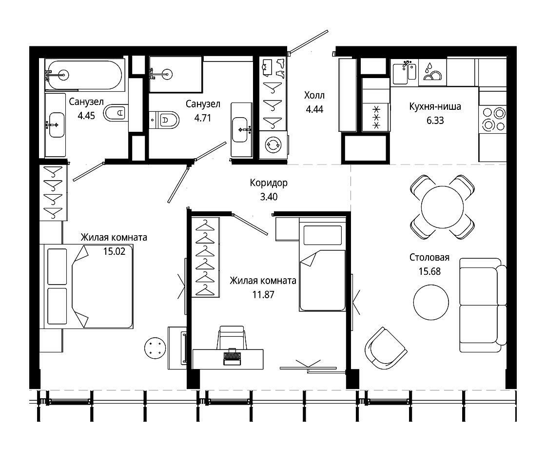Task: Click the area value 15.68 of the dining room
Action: (x=429, y=271)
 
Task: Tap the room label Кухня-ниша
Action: (x=435, y=106)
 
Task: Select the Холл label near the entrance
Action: (x=314, y=95)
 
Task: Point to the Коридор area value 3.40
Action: (x=269, y=197)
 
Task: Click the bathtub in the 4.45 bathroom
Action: (x=85, y=75)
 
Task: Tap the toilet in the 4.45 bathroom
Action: (x=115, y=113)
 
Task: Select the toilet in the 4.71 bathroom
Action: (x=164, y=120)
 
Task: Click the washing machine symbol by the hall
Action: (x=273, y=144)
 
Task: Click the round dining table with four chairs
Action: (x=442, y=207)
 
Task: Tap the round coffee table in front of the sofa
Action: (x=431, y=302)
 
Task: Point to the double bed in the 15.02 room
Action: (x=86, y=286)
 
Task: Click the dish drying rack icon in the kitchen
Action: (x=432, y=72)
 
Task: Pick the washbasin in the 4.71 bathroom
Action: (x=241, y=130)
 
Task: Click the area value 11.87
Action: (x=263, y=294)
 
